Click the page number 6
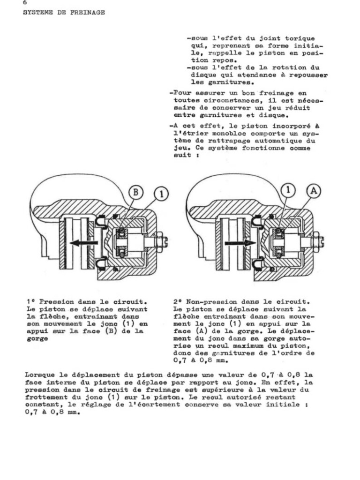(x=25, y=2)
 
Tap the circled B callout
(x=136, y=192)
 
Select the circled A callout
(x=314, y=191)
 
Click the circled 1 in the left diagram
(x=162, y=194)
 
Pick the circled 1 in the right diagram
(x=288, y=190)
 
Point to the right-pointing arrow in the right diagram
(x=240, y=243)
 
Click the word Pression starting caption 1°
(x=56, y=302)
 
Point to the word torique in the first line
(x=300, y=38)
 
